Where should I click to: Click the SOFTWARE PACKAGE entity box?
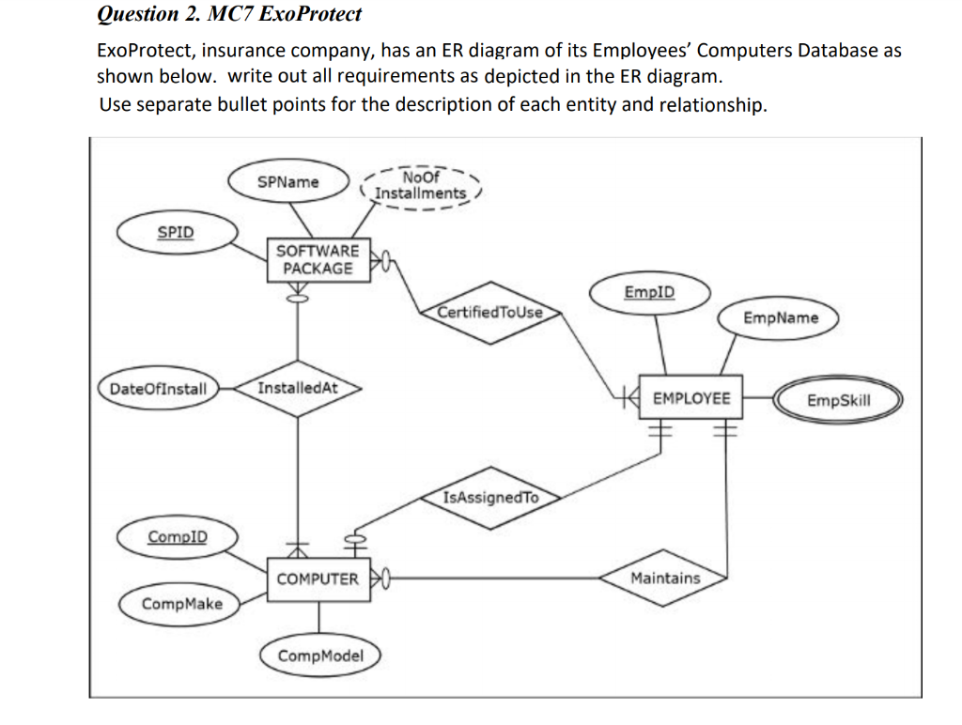click(x=318, y=259)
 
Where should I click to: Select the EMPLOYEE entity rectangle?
click(x=690, y=399)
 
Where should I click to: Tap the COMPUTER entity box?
click(x=317, y=579)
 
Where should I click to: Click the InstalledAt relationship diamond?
click(x=297, y=388)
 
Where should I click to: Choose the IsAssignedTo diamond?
click(x=490, y=498)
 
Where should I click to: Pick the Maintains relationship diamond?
click(x=665, y=578)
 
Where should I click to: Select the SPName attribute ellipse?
click(x=288, y=181)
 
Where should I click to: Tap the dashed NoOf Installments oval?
click(x=420, y=185)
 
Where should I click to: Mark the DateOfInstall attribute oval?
click(x=158, y=389)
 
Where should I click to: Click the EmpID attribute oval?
click(x=649, y=292)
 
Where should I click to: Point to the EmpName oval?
click(x=780, y=318)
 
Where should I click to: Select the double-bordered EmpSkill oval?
click(x=838, y=401)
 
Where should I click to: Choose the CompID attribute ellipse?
click(x=178, y=537)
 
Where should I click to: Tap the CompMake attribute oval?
click(x=181, y=604)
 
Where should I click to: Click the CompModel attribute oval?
click(x=320, y=656)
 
